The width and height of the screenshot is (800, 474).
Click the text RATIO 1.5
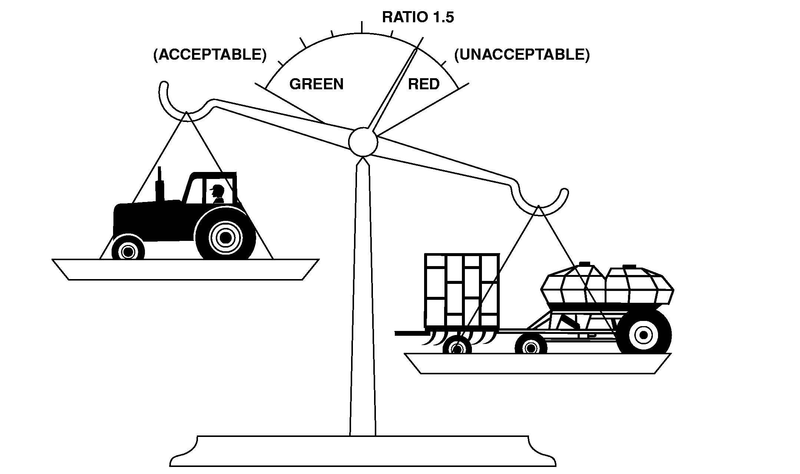click(418, 17)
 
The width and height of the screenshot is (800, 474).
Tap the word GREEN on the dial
click(316, 84)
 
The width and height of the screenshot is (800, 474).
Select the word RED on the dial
click(423, 84)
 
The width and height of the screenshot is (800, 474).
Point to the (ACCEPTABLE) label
click(210, 55)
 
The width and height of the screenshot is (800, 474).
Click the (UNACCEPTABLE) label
click(522, 55)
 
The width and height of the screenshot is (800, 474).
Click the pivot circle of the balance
click(363, 142)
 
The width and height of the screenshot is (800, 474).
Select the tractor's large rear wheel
click(225, 236)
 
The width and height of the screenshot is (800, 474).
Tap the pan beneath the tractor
click(185, 269)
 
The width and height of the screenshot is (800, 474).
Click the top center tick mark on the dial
click(362, 27)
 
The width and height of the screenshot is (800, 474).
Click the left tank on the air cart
click(573, 287)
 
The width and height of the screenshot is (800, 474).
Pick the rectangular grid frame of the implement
click(462, 291)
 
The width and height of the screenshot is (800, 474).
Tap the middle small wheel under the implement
click(530, 347)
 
